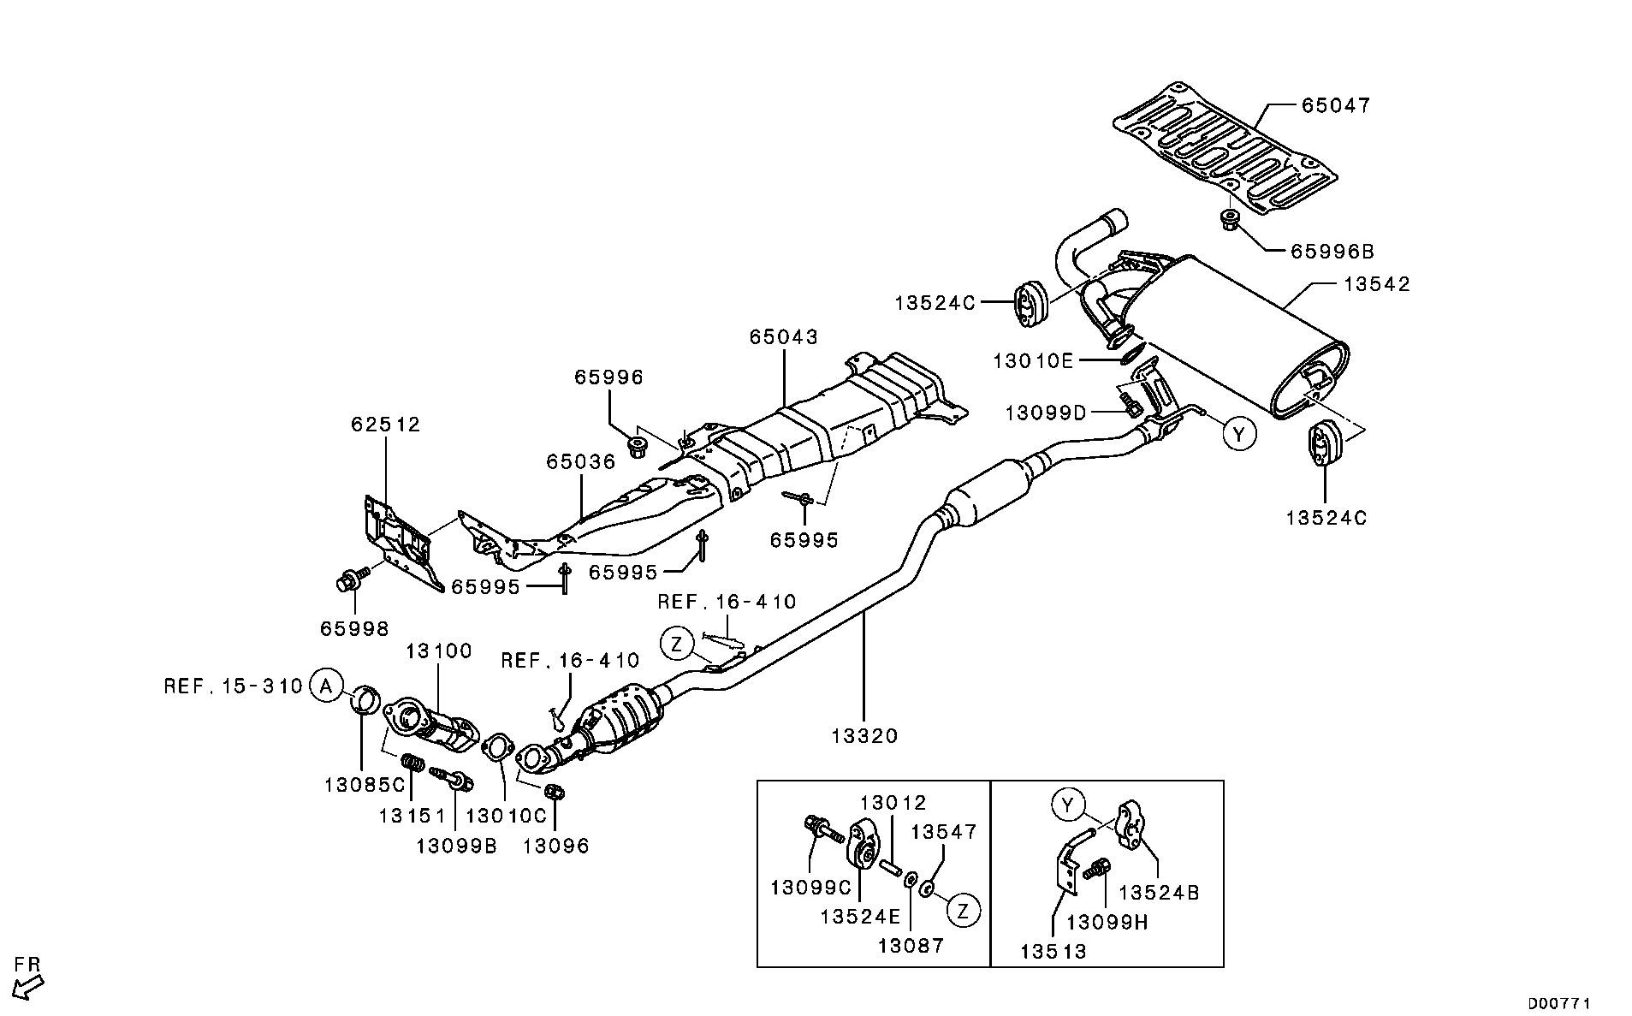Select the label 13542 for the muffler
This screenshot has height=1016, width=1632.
[1375, 284]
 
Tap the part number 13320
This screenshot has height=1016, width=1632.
[864, 736]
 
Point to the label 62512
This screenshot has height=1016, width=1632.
[385, 425]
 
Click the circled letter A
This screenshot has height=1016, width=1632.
[324, 686]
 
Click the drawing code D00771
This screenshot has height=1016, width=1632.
[1559, 1002]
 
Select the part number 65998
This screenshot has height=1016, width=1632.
[354, 629]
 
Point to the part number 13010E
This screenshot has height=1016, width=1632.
[1032, 361]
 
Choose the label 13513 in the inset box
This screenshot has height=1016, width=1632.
[1053, 951]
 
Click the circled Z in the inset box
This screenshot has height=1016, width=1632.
[964, 911]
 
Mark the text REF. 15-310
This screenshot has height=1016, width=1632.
[234, 686]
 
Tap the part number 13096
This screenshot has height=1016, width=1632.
[556, 847]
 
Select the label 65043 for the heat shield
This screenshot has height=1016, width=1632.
[784, 337]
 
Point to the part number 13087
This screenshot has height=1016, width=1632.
[911, 945]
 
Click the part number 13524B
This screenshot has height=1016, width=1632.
[1159, 893]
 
